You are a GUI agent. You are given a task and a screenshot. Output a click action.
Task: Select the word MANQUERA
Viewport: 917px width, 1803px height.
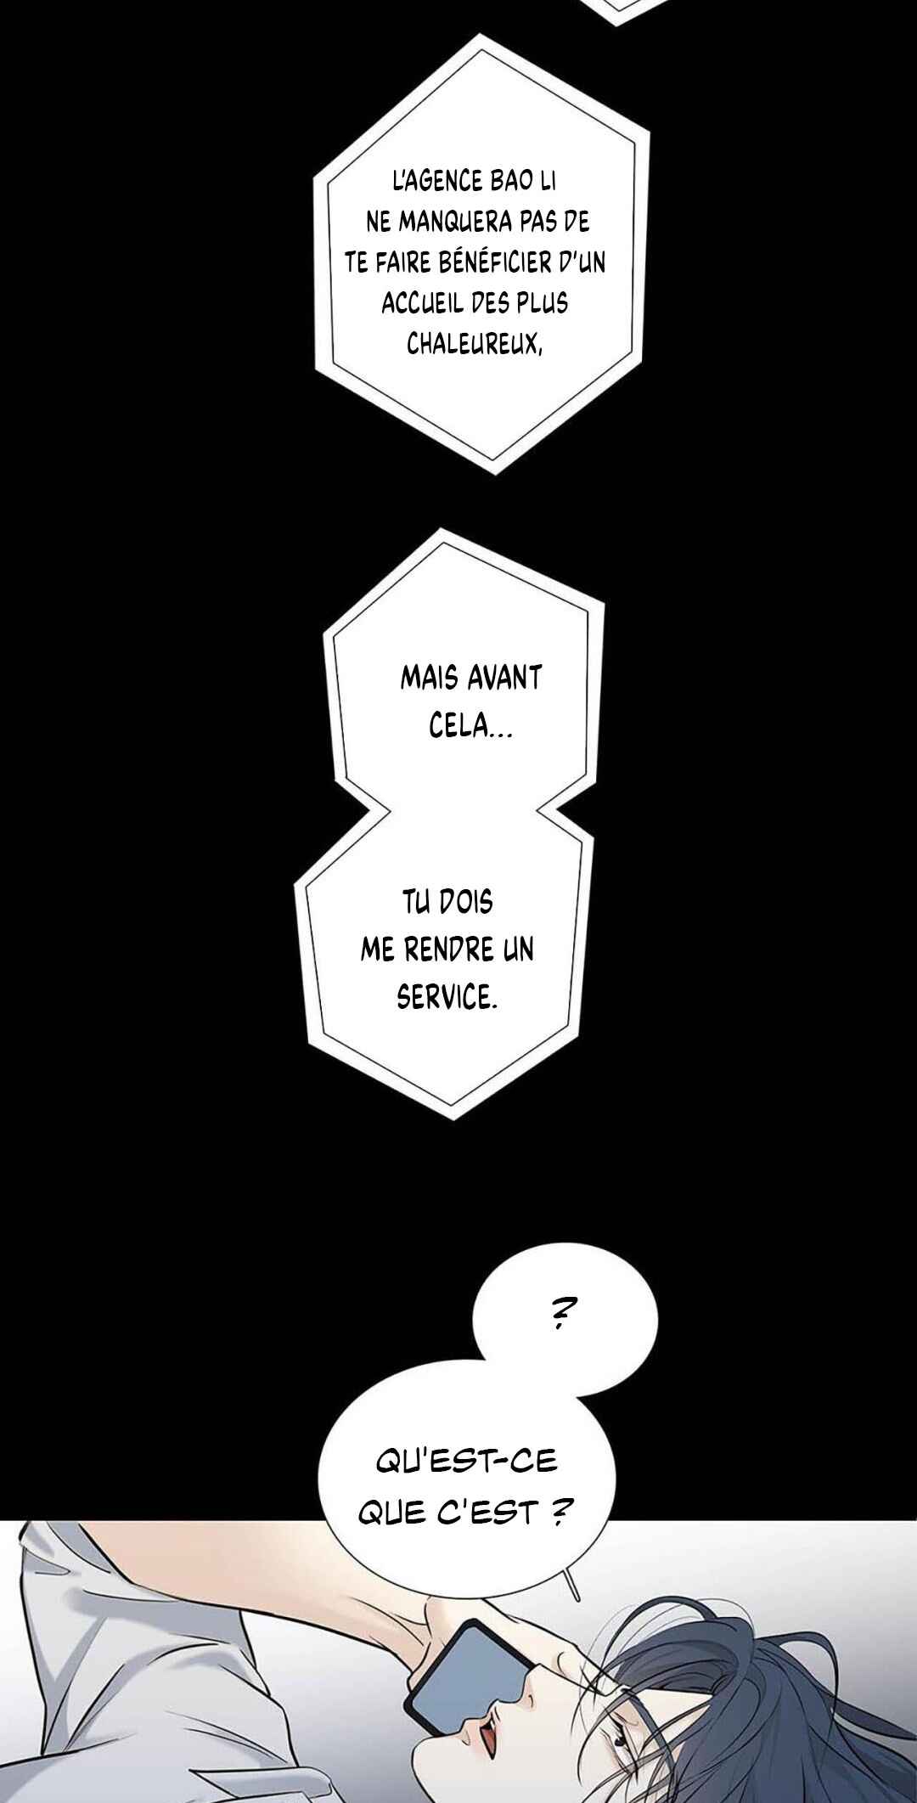pyautogui.click(x=455, y=222)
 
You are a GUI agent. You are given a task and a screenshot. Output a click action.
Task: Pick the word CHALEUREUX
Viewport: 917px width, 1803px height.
pyautogui.click(x=474, y=344)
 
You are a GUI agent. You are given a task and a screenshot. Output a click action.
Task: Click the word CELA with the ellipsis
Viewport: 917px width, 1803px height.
pyautogui.click(x=470, y=727)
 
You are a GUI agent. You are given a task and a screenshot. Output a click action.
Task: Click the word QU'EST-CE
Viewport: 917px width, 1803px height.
pyautogui.click(x=466, y=1461)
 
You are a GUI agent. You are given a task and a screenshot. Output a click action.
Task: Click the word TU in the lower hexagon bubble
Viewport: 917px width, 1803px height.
pyautogui.click(x=416, y=902)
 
